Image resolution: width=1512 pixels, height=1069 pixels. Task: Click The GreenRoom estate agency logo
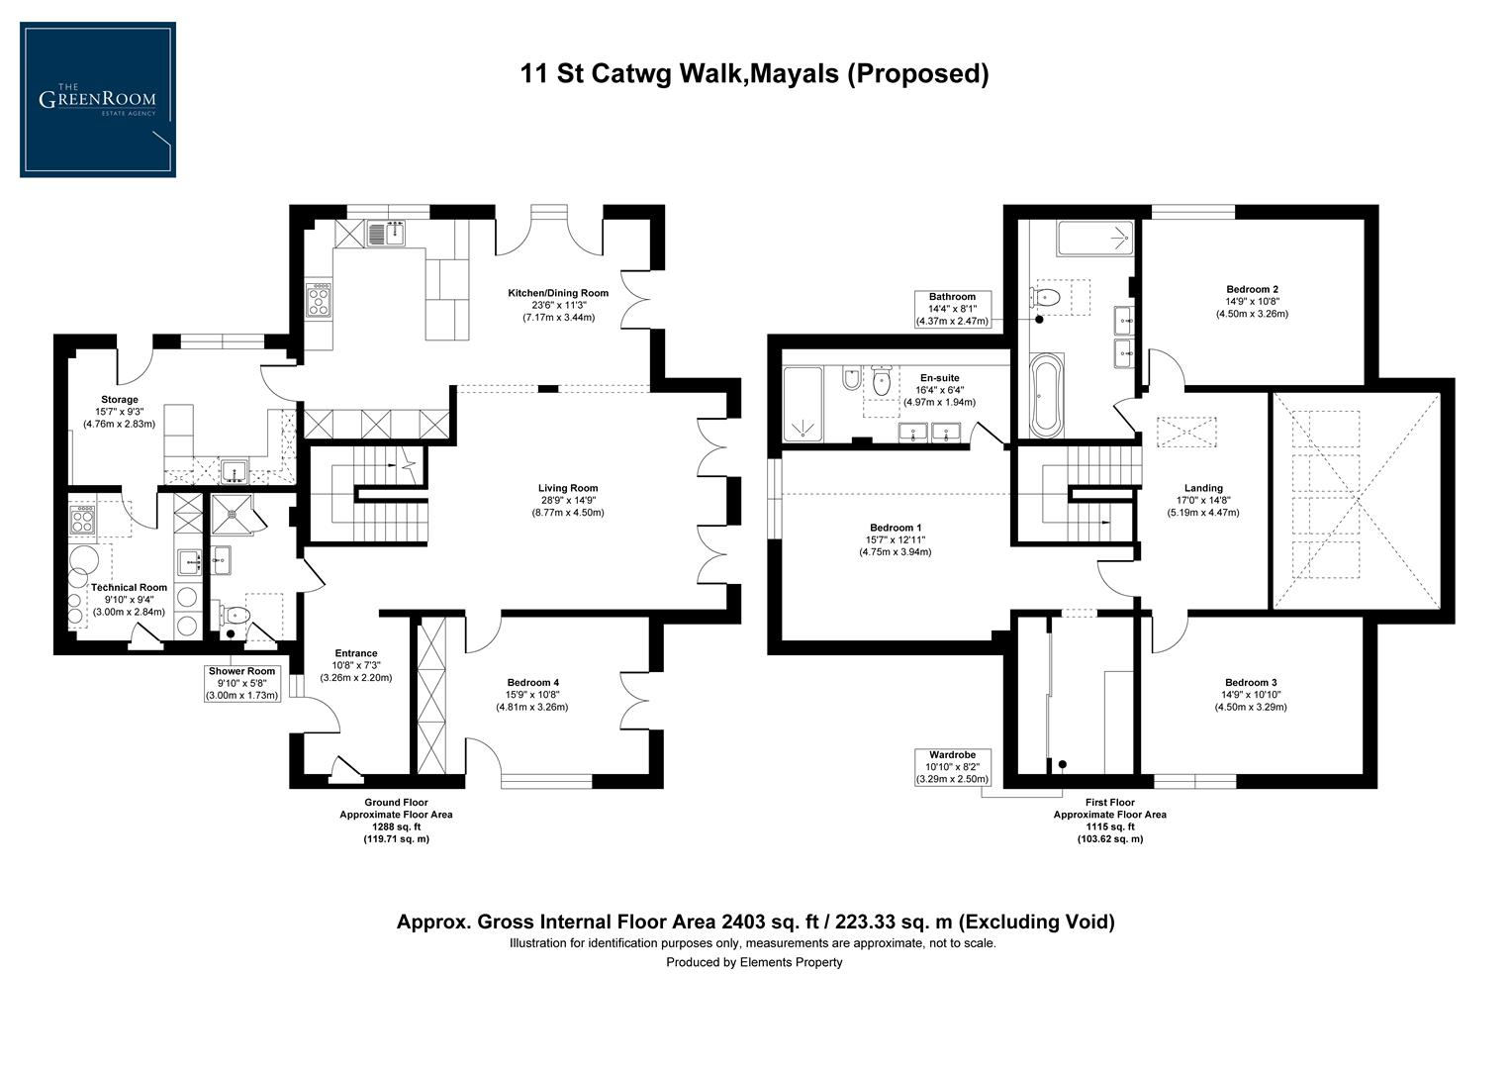(x=98, y=100)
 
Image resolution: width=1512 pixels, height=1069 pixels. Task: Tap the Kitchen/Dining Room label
(x=558, y=293)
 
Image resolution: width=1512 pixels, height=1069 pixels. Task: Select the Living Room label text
(x=568, y=488)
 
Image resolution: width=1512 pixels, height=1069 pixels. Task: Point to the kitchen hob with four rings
(x=320, y=300)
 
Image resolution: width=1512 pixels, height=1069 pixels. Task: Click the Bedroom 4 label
(x=533, y=682)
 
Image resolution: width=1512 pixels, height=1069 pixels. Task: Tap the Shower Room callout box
(x=241, y=683)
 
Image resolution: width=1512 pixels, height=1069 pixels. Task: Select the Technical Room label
(x=130, y=587)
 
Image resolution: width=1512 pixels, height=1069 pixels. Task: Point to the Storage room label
(x=120, y=400)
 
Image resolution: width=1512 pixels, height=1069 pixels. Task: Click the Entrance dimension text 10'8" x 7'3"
(x=356, y=665)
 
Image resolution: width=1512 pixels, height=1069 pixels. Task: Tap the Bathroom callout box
(x=952, y=308)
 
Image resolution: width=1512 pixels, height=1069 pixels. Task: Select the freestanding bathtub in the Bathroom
(x=1045, y=395)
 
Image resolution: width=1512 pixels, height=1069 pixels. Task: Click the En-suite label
(x=939, y=378)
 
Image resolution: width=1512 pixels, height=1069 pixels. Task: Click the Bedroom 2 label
(x=1252, y=289)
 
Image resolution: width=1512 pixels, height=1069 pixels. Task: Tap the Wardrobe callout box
(x=952, y=766)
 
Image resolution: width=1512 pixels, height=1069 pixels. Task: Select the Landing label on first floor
(x=1202, y=488)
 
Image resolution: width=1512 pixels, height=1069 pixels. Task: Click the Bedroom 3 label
(x=1251, y=682)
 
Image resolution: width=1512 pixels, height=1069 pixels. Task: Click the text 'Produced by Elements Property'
(x=754, y=962)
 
